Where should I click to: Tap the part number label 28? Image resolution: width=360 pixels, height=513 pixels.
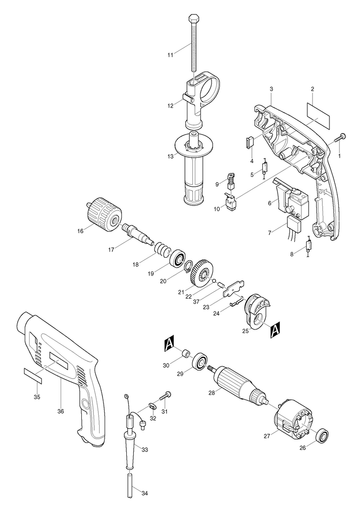click(x=212, y=393)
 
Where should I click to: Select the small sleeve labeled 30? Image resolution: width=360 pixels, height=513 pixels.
click(x=186, y=354)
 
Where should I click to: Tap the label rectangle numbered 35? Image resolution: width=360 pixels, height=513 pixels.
click(x=33, y=375)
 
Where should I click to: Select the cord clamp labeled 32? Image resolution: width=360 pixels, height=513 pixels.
click(x=152, y=406)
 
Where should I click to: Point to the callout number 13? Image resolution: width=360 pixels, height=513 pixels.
click(x=170, y=156)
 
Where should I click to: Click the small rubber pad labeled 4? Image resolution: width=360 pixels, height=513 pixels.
click(x=250, y=142)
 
